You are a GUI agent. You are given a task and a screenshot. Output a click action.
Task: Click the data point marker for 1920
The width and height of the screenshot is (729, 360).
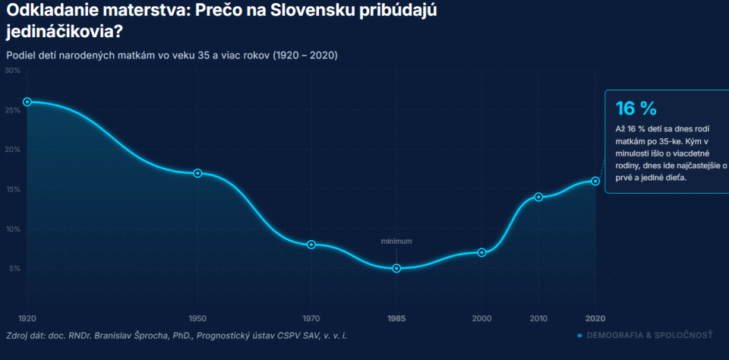coord(27,102)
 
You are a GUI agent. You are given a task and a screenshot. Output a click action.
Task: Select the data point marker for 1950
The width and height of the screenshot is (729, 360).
coord(197,173)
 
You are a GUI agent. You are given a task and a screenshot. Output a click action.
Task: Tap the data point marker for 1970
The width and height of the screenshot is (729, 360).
coord(311,245)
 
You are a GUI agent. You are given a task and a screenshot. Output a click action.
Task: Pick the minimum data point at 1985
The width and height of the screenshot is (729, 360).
coord(396,268)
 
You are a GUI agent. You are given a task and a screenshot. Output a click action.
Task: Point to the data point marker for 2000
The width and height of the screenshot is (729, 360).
coord(481,253)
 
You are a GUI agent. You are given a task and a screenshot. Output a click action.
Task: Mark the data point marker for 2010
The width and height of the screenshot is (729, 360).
coord(538,197)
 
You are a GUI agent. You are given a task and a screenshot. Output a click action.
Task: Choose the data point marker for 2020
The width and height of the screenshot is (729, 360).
coord(595,181)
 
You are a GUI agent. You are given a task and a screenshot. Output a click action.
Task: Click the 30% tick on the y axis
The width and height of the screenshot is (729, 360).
coord(12,70)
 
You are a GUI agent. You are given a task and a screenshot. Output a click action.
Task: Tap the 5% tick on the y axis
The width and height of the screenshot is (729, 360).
coord(14,268)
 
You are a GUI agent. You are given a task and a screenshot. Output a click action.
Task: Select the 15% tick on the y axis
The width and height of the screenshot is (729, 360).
coord(13,189)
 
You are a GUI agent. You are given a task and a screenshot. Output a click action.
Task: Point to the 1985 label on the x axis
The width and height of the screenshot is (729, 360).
coord(396,318)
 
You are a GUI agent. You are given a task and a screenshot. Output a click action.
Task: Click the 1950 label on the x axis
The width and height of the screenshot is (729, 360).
coord(197,318)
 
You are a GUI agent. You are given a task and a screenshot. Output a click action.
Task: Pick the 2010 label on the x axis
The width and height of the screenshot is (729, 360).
coord(538,318)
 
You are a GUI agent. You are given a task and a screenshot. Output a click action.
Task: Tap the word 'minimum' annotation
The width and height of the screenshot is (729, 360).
coord(396,242)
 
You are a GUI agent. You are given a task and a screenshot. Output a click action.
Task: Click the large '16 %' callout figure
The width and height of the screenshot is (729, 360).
coord(636,109)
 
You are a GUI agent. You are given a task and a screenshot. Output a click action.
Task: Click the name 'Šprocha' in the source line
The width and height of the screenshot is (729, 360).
coord(140,336)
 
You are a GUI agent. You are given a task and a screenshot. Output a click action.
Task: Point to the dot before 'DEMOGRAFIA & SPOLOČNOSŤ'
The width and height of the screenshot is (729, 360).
coord(579,336)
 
